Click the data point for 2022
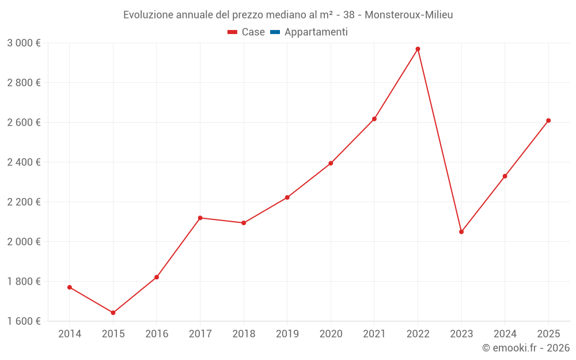pyautogui.click(x=418, y=49)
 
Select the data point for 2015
pyautogui.click(x=113, y=313)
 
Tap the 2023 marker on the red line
pyautogui.click(x=461, y=232)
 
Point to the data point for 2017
pyautogui.click(x=200, y=218)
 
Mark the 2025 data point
pyautogui.click(x=548, y=120)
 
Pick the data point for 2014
pyautogui.click(x=70, y=287)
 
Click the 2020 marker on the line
pyautogui.click(x=331, y=163)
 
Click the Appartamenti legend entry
pyautogui.click(x=316, y=32)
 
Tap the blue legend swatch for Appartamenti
pyautogui.click(x=275, y=32)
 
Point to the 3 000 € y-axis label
pyautogui.click(x=24, y=43)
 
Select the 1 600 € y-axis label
pyautogui.click(x=24, y=321)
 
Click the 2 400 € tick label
pyautogui.click(x=24, y=162)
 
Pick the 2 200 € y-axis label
pyautogui.click(x=24, y=202)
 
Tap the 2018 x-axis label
pyautogui.click(x=244, y=334)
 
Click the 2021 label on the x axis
pyautogui.click(x=374, y=334)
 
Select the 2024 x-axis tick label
pyautogui.click(x=505, y=334)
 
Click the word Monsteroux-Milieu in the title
pyautogui.click(x=409, y=15)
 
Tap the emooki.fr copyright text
pyautogui.click(x=526, y=348)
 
